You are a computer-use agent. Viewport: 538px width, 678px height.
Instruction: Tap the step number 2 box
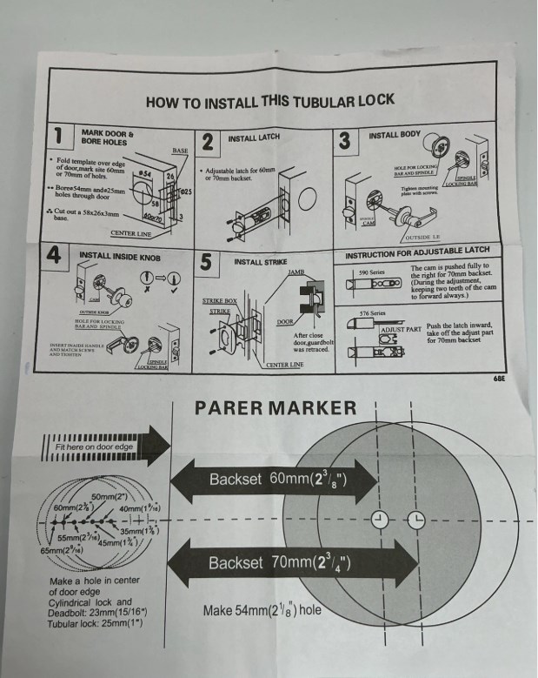[209, 142]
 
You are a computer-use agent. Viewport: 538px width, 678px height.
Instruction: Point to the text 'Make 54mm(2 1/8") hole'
[262, 610]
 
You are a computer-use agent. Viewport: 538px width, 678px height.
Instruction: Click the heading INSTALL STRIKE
[262, 261]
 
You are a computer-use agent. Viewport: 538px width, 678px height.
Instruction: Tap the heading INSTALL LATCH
[254, 138]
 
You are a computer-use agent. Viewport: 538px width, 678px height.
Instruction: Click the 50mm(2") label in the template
[110, 496]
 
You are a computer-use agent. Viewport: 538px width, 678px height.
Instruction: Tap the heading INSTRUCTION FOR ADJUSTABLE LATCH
[417, 252]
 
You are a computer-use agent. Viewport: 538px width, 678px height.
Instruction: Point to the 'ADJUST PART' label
[402, 331]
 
